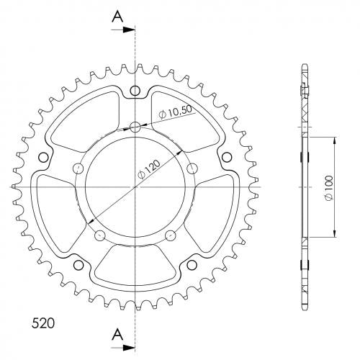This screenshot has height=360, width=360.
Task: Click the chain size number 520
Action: coord(43,323)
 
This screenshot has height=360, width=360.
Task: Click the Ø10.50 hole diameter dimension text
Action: coord(176,112)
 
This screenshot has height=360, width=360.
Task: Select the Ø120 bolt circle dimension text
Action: coord(149,169)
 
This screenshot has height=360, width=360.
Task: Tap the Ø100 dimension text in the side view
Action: coord(329,188)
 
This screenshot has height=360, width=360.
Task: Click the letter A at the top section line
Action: coord(117,17)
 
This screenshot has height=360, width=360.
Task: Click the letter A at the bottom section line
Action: coord(117,334)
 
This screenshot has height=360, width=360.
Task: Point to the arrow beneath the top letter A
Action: coord(122,30)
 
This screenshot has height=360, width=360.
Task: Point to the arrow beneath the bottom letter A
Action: coord(122,347)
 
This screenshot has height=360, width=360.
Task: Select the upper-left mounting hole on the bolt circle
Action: coord(78,168)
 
